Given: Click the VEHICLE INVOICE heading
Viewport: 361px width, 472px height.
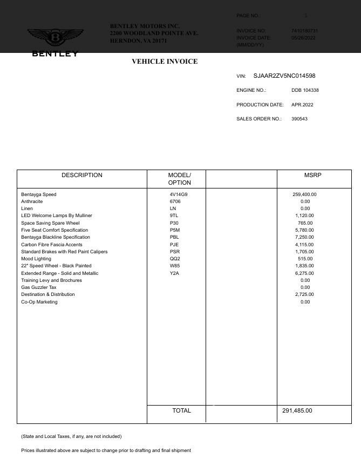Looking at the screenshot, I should [165, 62].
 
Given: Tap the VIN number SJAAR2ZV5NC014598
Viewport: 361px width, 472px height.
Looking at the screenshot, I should [284, 76].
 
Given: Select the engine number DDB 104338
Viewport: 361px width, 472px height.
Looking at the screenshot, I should [305, 90].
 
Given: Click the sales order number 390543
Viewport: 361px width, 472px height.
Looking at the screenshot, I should [299, 119].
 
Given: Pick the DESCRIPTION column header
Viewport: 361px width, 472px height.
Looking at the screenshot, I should [82, 176].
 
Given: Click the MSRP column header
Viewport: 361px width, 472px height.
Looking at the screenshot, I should [312, 176].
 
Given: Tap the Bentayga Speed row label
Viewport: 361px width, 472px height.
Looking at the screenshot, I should [39, 194].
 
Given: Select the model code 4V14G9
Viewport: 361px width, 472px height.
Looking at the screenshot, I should [179, 194].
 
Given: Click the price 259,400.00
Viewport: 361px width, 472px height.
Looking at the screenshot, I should [304, 194].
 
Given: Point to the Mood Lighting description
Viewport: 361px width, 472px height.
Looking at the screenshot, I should [36, 259].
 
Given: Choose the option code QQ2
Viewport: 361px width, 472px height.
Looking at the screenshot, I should [175, 259].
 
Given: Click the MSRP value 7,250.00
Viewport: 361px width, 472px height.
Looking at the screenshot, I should [304, 237].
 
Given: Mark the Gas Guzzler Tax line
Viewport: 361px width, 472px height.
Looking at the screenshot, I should [39, 287].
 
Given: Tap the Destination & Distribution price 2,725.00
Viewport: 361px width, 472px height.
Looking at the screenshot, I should [304, 294].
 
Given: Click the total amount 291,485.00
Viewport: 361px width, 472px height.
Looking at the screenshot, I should [297, 411].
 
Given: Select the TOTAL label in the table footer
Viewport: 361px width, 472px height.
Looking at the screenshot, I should [181, 411].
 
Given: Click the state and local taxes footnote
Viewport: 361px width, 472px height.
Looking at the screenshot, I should [71, 436].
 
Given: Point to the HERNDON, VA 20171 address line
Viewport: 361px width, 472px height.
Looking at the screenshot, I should [138, 41].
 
